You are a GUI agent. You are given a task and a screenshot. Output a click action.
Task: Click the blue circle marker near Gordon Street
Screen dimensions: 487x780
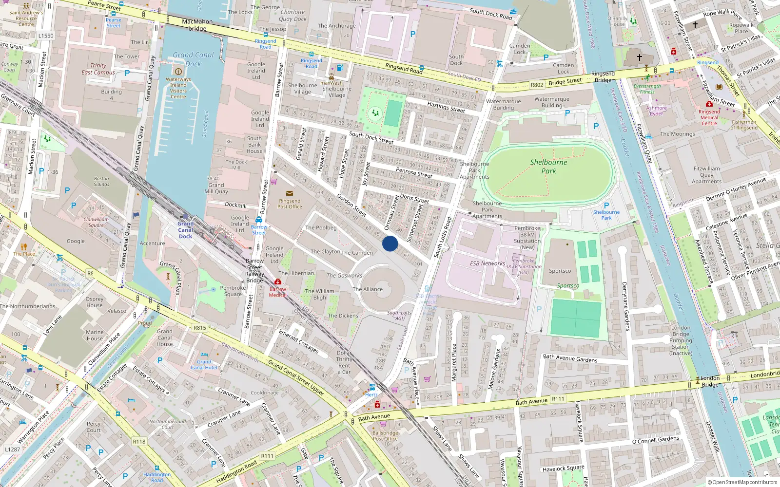point(390,243)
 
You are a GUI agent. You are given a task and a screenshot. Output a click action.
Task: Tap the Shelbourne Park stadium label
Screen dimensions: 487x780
point(548,167)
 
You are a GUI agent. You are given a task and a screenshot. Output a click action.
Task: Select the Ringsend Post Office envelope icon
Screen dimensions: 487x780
point(290,193)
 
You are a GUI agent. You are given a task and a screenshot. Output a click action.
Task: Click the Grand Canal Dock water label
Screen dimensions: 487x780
point(193,59)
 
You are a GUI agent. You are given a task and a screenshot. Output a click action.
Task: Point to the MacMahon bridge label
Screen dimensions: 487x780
point(197,25)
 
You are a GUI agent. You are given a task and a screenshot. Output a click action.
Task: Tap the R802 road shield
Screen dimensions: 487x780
point(537,85)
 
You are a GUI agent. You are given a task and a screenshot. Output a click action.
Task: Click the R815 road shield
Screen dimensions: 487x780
point(200,328)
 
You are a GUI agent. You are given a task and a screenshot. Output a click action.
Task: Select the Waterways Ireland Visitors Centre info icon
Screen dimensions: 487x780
point(178,72)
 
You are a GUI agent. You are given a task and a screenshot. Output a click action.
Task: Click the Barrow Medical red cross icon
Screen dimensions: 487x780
point(278,282)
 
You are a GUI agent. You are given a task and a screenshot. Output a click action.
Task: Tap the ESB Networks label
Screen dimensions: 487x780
point(487,263)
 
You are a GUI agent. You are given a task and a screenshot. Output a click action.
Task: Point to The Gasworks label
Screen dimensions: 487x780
point(344,276)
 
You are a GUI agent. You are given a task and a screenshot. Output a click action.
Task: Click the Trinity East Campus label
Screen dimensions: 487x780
point(98,69)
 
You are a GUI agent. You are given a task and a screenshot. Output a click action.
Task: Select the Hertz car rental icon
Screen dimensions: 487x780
point(372,387)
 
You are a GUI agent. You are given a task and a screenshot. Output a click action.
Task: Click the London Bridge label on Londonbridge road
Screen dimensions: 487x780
point(710,381)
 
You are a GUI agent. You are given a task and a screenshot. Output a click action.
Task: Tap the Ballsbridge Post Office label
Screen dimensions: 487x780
point(385,435)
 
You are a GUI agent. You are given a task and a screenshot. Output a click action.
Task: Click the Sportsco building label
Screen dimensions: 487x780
point(560,271)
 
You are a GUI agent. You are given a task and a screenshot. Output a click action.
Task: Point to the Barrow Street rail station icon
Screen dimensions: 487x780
point(259,220)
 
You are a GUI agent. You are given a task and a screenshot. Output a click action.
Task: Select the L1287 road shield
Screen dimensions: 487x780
point(13,449)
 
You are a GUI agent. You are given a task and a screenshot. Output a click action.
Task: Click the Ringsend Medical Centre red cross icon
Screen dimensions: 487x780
point(709,104)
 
